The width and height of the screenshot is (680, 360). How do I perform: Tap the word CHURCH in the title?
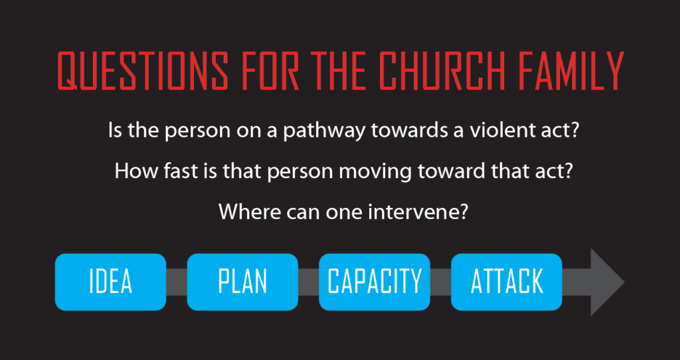(443, 71)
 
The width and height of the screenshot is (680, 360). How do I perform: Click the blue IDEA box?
(111, 282)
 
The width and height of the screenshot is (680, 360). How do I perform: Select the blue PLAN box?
(242, 282)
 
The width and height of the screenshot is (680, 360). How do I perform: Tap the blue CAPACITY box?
(375, 282)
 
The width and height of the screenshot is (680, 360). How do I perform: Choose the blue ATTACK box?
(507, 282)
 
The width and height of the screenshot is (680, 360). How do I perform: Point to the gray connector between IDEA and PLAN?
(177, 282)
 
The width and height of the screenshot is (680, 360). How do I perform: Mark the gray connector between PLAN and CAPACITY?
(308, 282)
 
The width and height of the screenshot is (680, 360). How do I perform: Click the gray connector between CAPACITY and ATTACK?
(441, 282)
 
